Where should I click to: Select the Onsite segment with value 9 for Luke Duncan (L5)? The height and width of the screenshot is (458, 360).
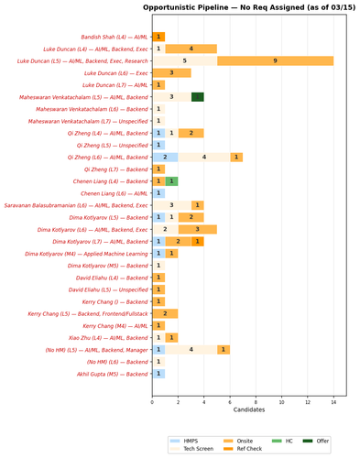point(275,60)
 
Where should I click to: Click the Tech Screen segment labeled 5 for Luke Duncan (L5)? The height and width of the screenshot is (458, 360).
point(184,60)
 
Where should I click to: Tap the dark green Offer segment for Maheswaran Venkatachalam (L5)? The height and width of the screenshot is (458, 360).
point(197,96)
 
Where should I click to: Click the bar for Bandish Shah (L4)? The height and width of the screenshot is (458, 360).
point(158,37)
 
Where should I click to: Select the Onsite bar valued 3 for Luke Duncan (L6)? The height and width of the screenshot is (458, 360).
point(171,72)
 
